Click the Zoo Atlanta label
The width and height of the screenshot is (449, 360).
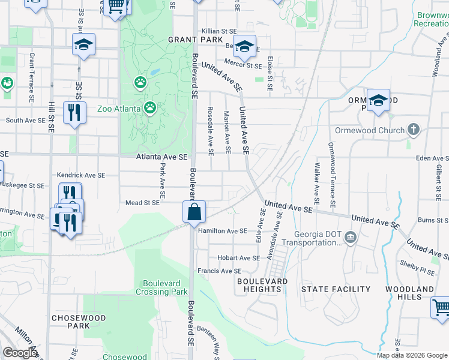(119, 109)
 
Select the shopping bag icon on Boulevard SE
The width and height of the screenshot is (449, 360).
(194, 212)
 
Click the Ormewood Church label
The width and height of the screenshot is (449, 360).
(373, 130)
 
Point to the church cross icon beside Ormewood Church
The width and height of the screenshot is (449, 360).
(413, 130)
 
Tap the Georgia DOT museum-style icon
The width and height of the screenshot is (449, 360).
(351, 239)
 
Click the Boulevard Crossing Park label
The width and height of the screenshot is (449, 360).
(165, 287)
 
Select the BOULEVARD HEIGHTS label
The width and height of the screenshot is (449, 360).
(262, 285)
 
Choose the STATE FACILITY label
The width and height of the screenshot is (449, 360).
(336, 289)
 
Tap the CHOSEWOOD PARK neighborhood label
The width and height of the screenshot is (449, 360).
(79, 322)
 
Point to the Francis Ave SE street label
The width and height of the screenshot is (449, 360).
(223, 271)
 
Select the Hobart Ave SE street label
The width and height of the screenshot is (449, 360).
(238, 258)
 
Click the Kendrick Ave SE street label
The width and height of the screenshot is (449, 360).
(80, 175)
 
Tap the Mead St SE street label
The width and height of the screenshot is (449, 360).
(142, 203)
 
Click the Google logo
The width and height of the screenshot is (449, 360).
(20, 353)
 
